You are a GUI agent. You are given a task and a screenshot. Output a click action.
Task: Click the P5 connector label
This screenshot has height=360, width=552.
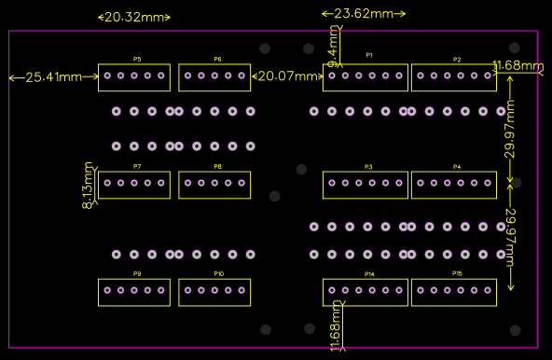136,60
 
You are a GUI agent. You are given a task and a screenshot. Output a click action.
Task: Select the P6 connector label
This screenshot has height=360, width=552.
217,60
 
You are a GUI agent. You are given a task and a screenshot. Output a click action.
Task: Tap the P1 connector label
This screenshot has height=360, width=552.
369,56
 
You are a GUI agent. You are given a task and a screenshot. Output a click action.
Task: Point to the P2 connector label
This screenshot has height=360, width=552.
457,60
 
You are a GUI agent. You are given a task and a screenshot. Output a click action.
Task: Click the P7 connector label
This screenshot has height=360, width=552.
137,166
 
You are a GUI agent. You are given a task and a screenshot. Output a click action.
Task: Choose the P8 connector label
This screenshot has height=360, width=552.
217,166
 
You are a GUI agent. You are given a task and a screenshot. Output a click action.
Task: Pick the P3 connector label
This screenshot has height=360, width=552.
369,167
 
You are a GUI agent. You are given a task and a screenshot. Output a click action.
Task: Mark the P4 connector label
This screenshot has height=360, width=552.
457,167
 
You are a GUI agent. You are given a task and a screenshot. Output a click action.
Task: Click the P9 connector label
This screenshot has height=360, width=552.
137,274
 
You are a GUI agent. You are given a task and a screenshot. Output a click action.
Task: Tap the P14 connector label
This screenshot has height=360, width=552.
369,274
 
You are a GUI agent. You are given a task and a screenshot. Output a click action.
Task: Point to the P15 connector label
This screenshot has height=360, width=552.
457,274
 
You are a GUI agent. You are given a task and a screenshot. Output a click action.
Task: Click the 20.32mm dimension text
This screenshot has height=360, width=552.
135,18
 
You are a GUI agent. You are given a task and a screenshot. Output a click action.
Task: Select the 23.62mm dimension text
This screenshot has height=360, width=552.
364,14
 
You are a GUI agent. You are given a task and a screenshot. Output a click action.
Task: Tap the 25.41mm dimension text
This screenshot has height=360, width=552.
52,76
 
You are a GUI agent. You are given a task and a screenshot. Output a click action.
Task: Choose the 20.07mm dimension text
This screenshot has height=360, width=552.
288,76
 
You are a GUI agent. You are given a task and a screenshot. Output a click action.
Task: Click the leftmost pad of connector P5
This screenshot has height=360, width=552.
108,76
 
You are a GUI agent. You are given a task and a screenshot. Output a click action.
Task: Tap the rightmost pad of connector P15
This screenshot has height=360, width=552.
487,290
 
